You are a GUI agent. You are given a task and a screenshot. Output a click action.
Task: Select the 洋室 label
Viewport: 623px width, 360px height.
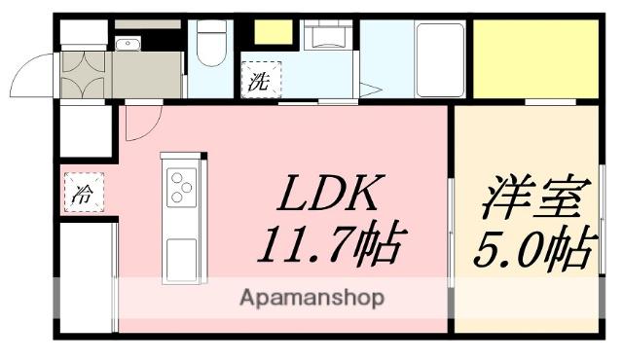531,200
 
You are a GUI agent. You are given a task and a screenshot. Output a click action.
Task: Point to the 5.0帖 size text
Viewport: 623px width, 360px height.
531,249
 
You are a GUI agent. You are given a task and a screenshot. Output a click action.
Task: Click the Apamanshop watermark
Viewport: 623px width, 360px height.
311,297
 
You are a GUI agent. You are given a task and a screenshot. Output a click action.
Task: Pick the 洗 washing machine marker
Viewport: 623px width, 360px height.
258,81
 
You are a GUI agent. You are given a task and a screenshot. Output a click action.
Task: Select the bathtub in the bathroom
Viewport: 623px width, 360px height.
439,58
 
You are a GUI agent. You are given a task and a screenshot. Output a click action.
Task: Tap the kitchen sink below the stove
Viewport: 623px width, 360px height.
183,258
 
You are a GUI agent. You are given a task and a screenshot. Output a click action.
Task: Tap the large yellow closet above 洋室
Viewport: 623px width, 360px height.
534,57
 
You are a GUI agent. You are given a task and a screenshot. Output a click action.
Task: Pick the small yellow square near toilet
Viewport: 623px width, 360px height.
274,32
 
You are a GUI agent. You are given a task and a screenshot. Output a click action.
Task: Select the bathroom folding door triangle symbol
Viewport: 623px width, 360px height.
371,90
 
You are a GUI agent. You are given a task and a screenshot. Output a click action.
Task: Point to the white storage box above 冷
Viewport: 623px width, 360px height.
86,130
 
